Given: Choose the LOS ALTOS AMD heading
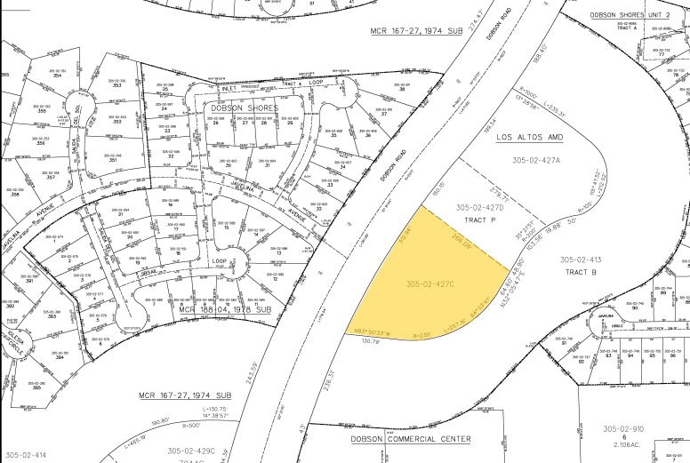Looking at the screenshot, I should [531, 139].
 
